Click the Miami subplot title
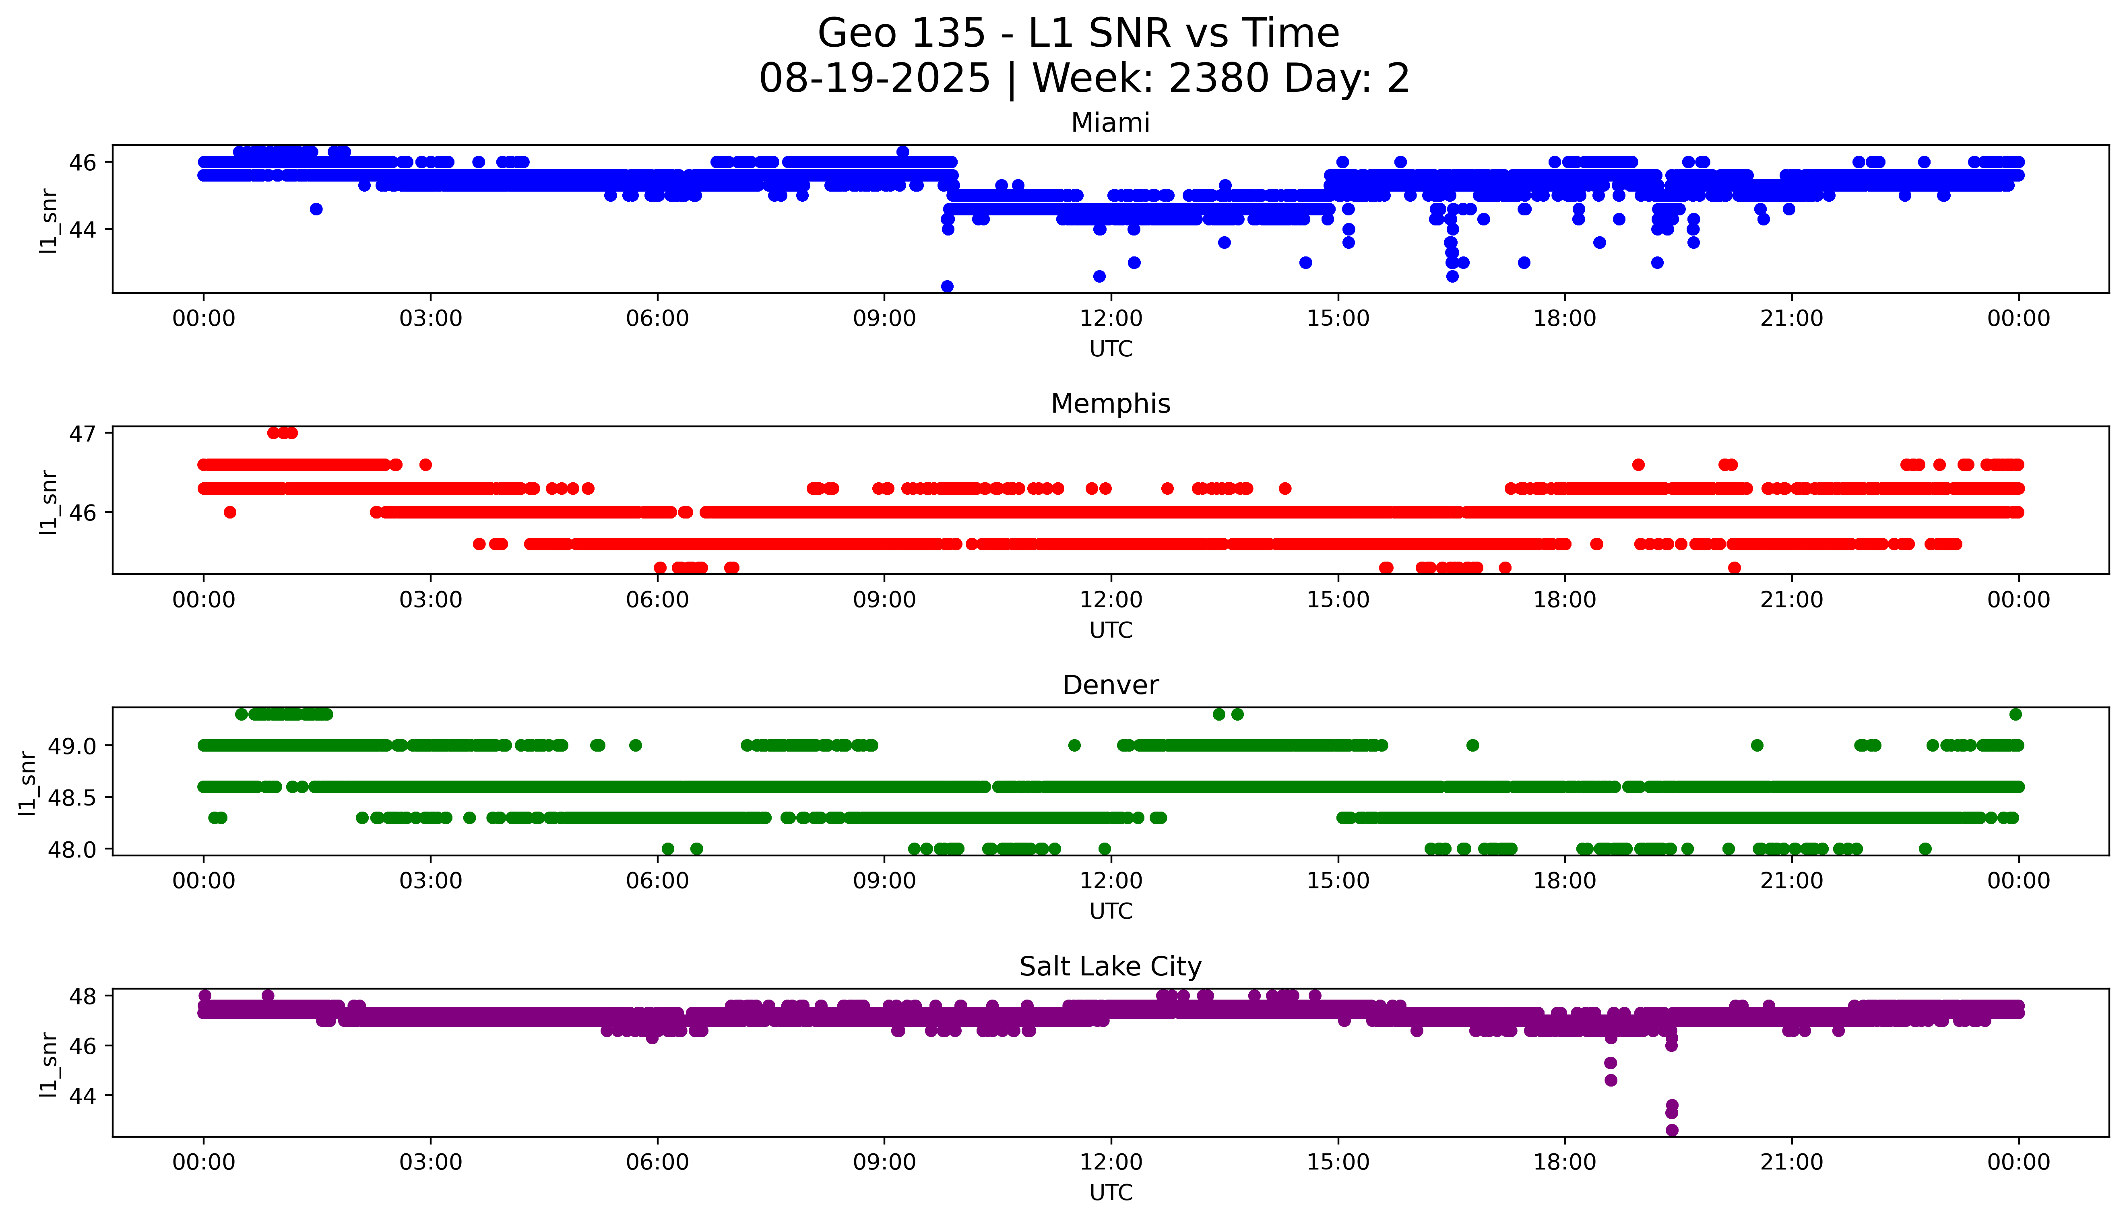[1110, 123]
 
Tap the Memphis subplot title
[1110, 404]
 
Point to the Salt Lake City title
[1110, 967]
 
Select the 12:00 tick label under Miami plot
[1111, 319]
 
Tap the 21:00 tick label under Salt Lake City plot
[1791, 1162]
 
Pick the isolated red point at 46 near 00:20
[230, 512]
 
